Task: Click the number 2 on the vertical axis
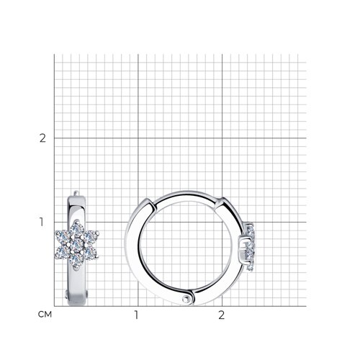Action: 42,138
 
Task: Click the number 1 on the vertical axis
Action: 42,222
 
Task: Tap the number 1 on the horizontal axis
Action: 136,315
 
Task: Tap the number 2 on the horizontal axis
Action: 221,315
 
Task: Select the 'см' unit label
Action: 45,315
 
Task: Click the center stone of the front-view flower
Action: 77,244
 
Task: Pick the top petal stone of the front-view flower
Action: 77,228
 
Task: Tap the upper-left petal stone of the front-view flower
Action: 63,235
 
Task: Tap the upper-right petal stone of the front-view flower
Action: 91,235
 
